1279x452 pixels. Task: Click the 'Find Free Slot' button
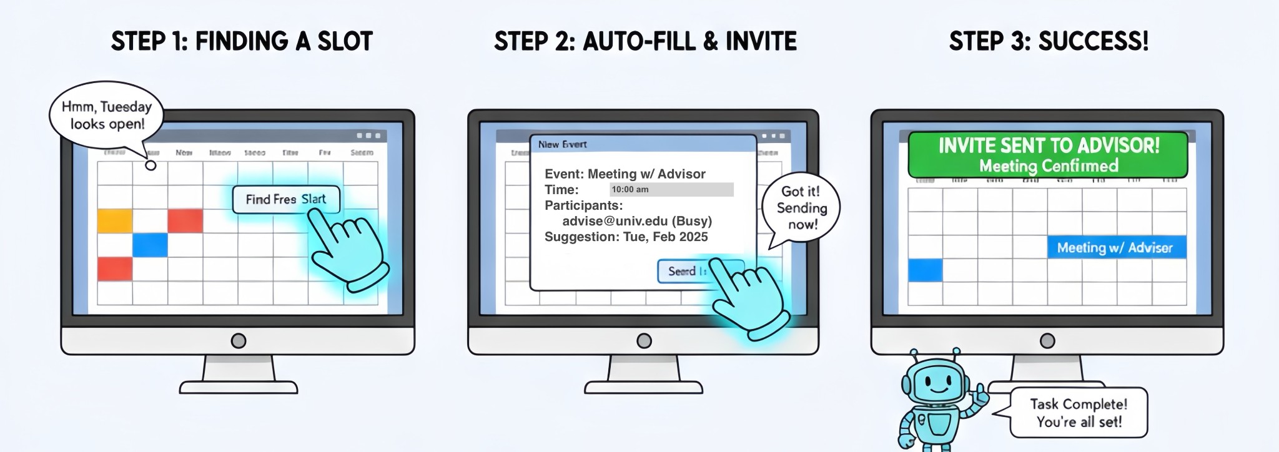[x=286, y=199]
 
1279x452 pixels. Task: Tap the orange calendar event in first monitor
[x=115, y=221]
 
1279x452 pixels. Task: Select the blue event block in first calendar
[x=150, y=245]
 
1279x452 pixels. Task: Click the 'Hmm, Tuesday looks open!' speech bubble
[x=106, y=115]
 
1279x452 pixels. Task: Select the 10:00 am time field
[x=671, y=190]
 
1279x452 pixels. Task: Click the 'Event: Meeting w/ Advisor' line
[x=625, y=174]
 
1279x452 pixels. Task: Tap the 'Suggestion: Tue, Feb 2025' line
[x=626, y=237]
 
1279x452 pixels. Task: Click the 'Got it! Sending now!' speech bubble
[x=802, y=208]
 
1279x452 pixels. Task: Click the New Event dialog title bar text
[x=562, y=144]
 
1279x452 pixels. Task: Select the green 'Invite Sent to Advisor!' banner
[x=1048, y=155]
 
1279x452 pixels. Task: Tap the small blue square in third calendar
[x=925, y=270]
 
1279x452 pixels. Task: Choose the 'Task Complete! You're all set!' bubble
[x=1079, y=413]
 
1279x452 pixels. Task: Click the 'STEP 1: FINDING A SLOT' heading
[x=242, y=42]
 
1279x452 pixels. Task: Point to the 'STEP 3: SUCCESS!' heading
[x=1049, y=42]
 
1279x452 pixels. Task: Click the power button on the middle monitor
[x=644, y=341]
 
